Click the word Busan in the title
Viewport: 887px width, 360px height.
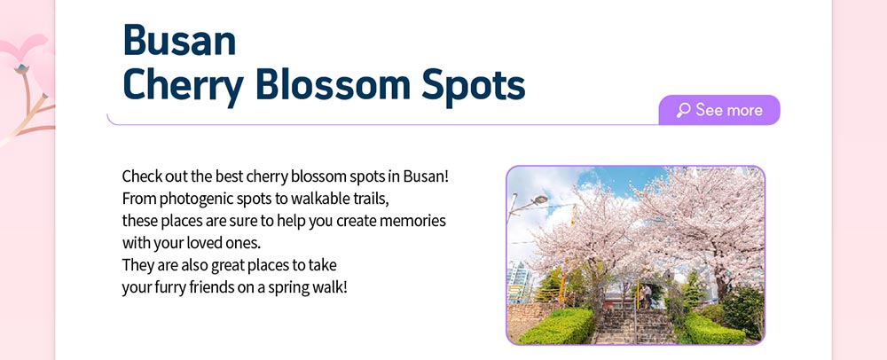[x=179, y=40]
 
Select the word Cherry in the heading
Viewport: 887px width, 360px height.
[x=184, y=86]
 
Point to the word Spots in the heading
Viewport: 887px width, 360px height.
[x=474, y=86]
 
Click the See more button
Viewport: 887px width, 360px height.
[x=719, y=110]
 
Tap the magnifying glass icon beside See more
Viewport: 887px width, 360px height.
[x=683, y=110]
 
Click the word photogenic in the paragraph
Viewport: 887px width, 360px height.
[x=190, y=199]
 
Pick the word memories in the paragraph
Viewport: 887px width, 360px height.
[x=412, y=221]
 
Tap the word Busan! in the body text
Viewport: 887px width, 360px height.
[x=426, y=176]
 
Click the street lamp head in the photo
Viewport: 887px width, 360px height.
[x=540, y=200]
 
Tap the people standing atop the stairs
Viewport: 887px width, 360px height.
[x=646, y=296]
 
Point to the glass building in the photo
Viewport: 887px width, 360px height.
[x=519, y=281]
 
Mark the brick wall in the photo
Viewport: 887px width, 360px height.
[x=525, y=320]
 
